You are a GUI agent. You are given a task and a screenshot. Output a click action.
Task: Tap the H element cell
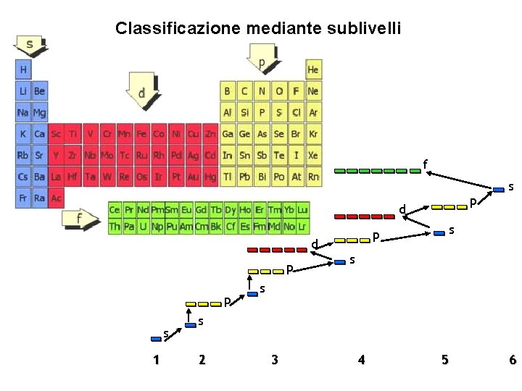coord(24,70)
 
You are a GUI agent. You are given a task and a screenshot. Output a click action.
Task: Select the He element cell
coord(313,70)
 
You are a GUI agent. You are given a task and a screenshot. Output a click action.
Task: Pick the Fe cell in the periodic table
coord(141,134)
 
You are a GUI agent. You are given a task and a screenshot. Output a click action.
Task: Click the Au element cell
coord(194,176)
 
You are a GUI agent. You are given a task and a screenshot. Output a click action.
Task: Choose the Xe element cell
coord(313,155)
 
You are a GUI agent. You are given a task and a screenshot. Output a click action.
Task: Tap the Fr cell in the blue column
coord(24,197)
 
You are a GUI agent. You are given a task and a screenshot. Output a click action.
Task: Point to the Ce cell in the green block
coord(115,210)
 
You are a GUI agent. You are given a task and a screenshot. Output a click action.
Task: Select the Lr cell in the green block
coord(302,227)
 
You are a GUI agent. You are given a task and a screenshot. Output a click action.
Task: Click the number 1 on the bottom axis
coord(156,360)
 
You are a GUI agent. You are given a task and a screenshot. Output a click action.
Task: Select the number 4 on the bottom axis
coord(361,360)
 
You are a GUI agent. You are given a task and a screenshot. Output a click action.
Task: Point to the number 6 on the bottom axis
coord(513,360)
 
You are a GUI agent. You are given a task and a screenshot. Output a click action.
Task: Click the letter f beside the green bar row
coord(424,164)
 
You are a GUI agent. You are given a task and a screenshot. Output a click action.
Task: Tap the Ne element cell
coord(313,91)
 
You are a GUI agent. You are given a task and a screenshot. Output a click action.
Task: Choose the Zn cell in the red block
coord(210,134)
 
